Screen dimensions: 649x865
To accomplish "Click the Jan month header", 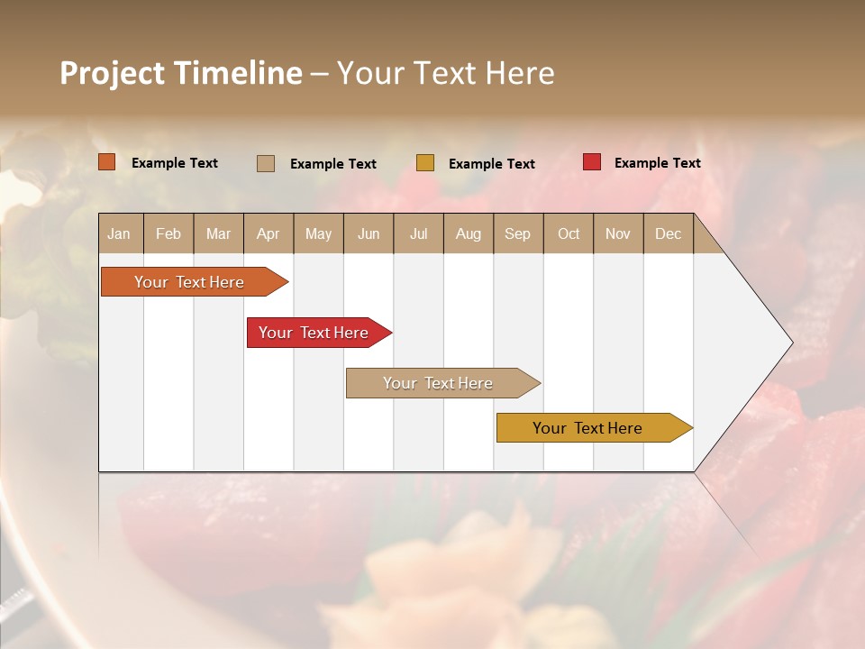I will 120,233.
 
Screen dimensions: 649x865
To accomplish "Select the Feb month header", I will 168,233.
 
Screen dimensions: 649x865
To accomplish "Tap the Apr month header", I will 268,233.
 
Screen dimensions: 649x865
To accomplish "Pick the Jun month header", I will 369,233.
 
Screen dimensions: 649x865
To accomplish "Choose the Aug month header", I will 469,233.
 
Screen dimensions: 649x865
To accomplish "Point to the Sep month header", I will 518,233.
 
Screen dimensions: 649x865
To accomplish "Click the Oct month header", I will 569,233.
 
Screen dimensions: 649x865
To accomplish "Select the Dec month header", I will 669,233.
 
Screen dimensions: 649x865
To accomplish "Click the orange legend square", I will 107,162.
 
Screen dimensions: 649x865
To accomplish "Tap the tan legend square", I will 266,163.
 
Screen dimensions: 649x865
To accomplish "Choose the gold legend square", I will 425,163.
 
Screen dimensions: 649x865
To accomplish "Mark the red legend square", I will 592,162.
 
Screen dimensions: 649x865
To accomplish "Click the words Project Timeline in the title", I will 181,73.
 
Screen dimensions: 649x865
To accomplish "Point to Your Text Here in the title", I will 445,73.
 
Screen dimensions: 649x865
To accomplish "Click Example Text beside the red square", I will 657,163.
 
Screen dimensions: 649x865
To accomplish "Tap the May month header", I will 318,233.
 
